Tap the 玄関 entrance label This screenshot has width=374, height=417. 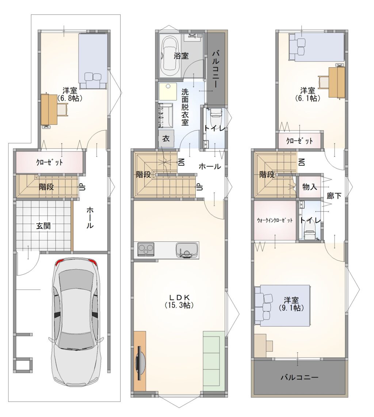[43, 226]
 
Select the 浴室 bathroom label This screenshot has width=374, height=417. [181, 56]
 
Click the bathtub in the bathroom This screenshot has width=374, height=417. [170, 57]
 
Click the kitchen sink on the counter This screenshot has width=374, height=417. [187, 250]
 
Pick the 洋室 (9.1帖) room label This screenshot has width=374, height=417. [291, 304]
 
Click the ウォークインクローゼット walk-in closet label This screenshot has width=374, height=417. [275, 220]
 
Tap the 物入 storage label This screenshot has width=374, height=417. [310, 187]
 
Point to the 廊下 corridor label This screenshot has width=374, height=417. [334, 196]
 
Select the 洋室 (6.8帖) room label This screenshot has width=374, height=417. [70, 94]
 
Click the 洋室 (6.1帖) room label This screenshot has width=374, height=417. [308, 94]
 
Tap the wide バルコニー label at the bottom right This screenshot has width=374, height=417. [299, 377]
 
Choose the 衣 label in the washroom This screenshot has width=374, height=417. [166, 139]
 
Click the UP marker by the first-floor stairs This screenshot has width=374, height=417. [83, 187]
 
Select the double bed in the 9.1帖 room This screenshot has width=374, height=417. [282, 305]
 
